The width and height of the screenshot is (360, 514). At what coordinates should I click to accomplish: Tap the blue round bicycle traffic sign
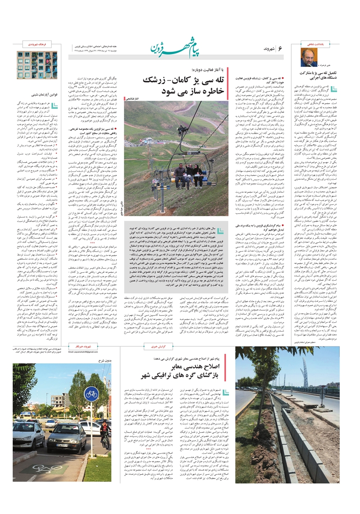91,393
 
